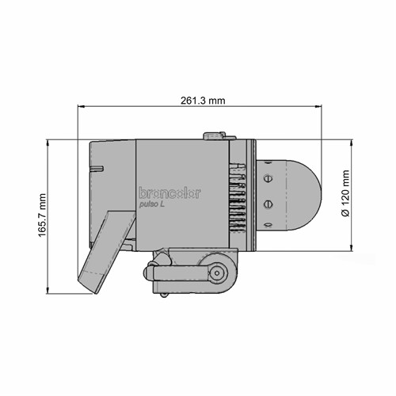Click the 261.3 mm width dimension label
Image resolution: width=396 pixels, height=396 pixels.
click(x=204, y=101)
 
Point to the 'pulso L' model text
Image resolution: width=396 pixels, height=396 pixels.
click(x=151, y=205)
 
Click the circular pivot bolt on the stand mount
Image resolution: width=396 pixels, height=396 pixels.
click(x=215, y=273)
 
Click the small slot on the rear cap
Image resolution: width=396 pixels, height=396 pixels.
click(x=97, y=168)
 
